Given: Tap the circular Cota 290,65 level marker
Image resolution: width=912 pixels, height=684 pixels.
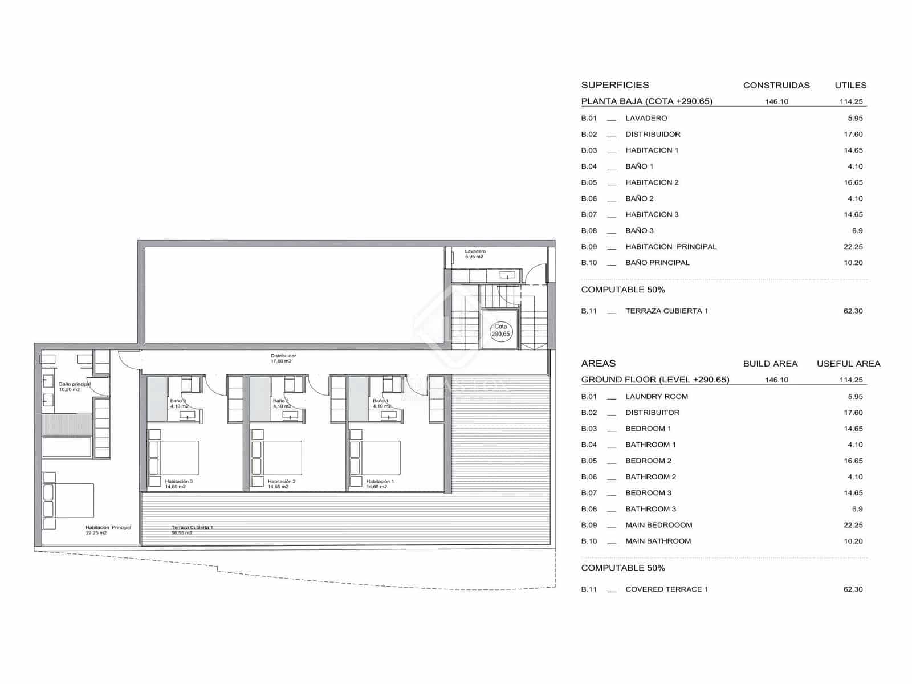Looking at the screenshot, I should click(x=500, y=331).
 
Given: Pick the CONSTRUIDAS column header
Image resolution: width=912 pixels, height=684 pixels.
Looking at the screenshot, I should click(x=776, y=85).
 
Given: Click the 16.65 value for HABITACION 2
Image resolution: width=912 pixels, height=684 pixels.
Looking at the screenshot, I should click(x=853, y=182).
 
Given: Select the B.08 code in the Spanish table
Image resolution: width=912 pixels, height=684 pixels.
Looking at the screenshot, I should click(x=589, y=231).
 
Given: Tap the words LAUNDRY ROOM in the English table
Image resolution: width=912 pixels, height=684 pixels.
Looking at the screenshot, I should click(x=656, y=396).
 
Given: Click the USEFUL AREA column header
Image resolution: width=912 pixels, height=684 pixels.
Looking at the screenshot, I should click(x=848, y=364).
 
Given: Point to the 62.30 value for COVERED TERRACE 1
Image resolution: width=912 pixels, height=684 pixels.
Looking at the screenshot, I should click(x=853, y=589).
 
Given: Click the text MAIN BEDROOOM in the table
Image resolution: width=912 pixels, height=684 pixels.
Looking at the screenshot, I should click(x=658, y=525).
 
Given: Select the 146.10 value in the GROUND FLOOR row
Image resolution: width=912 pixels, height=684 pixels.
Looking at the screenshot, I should click(x=776, y=380).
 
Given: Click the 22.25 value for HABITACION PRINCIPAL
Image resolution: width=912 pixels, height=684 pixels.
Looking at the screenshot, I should click(x=853, y=247).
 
